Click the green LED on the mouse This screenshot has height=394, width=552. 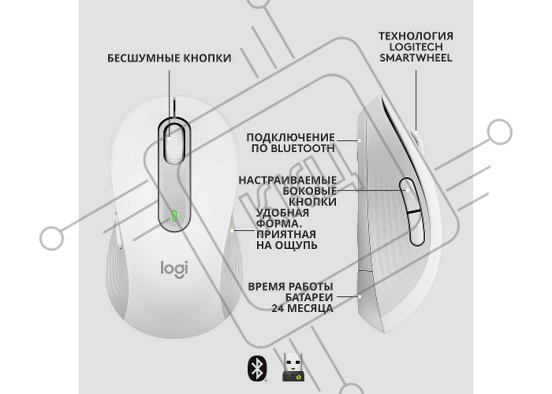[x=174, y=216]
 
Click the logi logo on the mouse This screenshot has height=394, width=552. [x=174, y=269]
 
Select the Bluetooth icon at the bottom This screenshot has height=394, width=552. [x=257, y=369]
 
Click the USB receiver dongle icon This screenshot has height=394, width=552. [x=293, y=367]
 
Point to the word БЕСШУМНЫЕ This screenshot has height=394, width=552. [x=145, y=58]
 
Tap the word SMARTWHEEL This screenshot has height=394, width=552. [x=416, y=58]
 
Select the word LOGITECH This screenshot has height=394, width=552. [x=416, y=47]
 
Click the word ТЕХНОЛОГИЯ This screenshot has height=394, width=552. [x=416, y=36]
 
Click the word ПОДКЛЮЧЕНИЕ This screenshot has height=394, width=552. [x=290, y=138]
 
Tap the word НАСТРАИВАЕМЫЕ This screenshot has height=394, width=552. [x=288, y=180]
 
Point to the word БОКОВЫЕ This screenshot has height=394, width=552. [x=310, y=191]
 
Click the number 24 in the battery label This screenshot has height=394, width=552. [x=278, y=309]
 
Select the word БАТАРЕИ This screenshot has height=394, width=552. [x=309, y=298]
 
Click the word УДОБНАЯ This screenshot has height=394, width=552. [x=282, y=213]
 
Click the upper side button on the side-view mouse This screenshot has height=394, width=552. [x=408, y=195]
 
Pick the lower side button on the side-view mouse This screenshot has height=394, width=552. [x=416, y=228]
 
